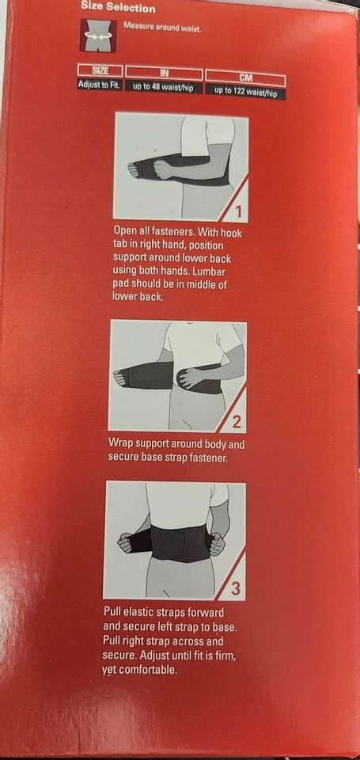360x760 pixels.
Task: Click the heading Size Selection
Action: tap(118, 7)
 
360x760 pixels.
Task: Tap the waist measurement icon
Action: tap(98, 36)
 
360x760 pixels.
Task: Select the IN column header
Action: tap(164, 73)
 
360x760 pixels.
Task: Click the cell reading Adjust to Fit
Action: tap(100, 85)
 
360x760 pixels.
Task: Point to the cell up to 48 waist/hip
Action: tap(164, 87)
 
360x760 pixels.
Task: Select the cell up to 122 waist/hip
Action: tap(245, 92)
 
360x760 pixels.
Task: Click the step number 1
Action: tap(237, 211)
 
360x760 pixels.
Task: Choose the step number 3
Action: tap(236, 589)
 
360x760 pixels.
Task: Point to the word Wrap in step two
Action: tap(119, 443)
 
